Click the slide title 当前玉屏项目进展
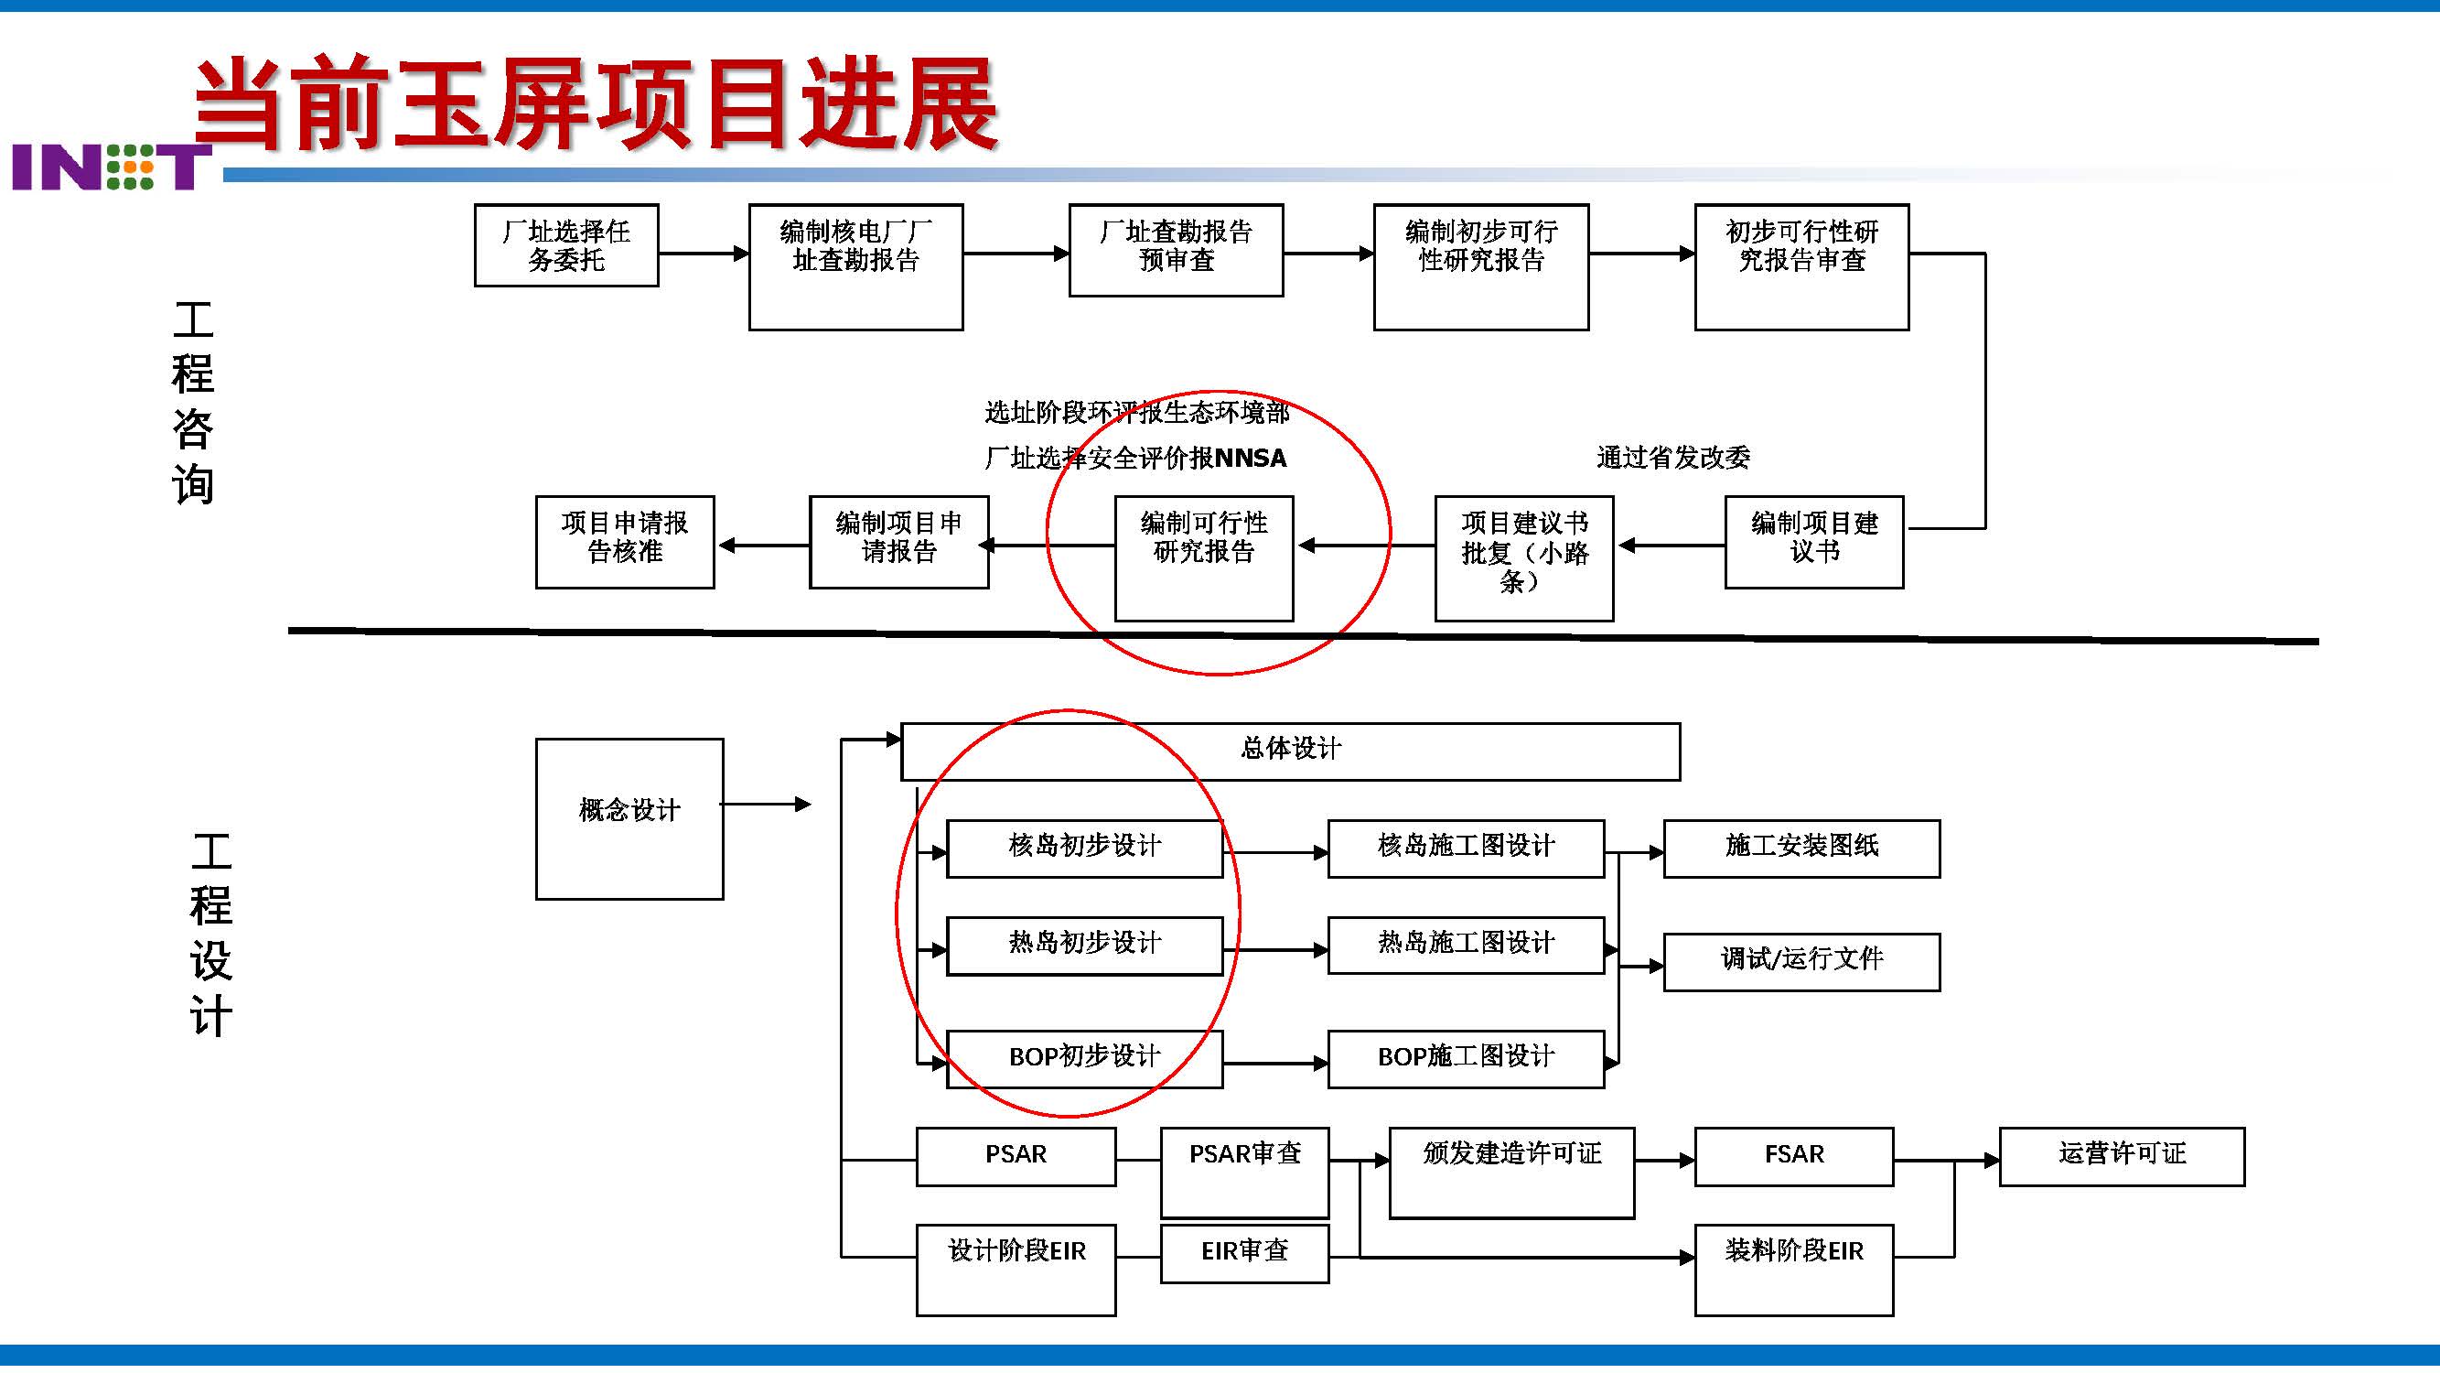click(595, 103)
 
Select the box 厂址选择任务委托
click(565, 245)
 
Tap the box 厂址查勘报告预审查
click(1176, 250)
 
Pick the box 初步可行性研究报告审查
click(1800, 266)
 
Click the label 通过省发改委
click(1672, 458)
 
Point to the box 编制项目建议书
click(1813, 542)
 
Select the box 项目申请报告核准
click(624, 542)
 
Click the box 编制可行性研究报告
click(1203, 557)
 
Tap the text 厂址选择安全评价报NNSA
click(1134, 459)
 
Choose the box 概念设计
click(629, 818)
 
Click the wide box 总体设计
click(1289, 751)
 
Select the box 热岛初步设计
click(1083, 945)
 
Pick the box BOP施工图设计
click(1465, 1058)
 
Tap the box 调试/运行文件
click(1800, 962)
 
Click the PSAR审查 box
click(1243, 1173)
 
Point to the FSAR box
click(1793, 1156)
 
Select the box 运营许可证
click(2121, 1156)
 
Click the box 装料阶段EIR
click(1793, 1269)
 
